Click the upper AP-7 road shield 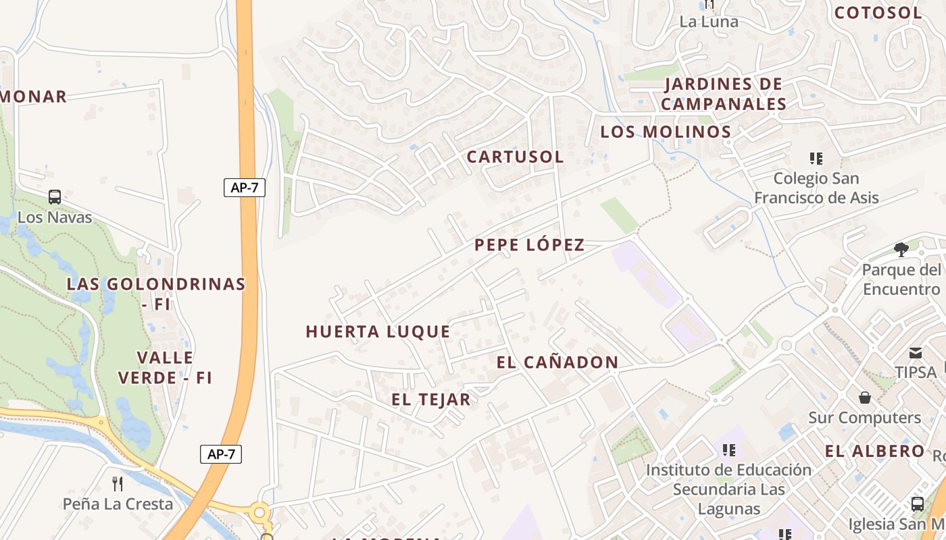[x=245, y=188]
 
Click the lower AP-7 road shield [x=221, y=454]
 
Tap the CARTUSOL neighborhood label [x=515, y=157]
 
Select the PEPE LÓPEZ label [x=529, y=245]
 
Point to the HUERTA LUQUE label [x=378, y=331]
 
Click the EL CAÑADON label [x=557, y=362]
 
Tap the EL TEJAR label [x=430, y=400]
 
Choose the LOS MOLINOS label [x=666, y=132]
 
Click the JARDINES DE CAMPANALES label [x=723, y=94]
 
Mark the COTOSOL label [x=878, y=13]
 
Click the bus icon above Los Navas [x=55, y=197]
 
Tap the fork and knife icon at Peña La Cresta [x=118, y=483]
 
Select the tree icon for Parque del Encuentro [x=901, y=250]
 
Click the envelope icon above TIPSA [x=916, y=352]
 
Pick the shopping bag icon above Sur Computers [x=864, y=398]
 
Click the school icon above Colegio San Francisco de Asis [x=816, y=159]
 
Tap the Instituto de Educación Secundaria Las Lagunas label [x=728, y=489]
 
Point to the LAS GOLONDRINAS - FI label [x=156, y=294]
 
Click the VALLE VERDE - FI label [x=165, y=367]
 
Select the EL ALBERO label [x=874, y=451]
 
